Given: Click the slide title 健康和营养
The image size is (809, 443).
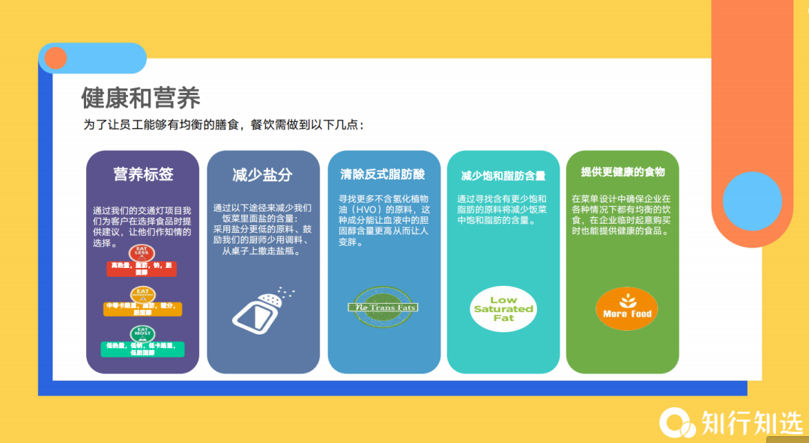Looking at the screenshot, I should coord(141,98).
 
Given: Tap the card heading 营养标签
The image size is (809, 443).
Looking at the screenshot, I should coord(143,174).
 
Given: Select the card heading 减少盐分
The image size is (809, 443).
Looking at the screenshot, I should coord(262,175).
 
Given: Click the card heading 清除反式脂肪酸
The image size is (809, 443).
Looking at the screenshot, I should coord(383,174).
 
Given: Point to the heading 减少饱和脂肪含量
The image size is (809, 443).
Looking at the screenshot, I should coord(503,177).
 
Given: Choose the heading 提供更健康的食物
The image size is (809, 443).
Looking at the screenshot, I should coord(622,172).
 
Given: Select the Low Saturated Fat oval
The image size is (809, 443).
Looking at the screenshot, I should coord(503,308).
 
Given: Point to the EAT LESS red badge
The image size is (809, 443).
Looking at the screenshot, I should coord(142,253).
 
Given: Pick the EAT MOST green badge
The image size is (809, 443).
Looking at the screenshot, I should coord(142,334).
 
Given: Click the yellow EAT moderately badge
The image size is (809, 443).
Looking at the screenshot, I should coord(142,293).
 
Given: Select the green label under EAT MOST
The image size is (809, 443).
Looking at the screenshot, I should coord(142,349).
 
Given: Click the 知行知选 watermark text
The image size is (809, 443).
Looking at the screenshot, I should coord(752,424).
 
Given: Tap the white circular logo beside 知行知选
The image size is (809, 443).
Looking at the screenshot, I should coord(676,423).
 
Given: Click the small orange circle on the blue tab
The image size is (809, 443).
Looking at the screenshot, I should coord(56,58).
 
